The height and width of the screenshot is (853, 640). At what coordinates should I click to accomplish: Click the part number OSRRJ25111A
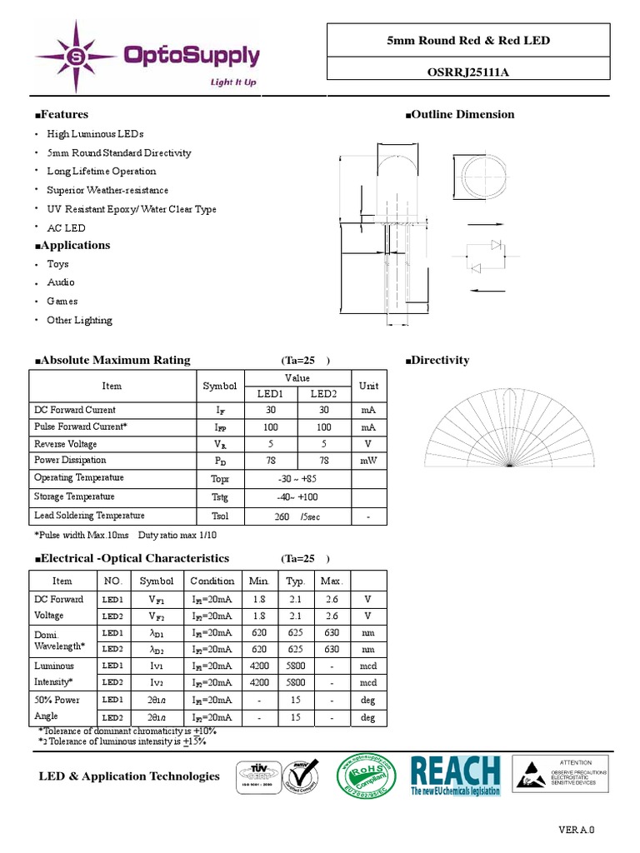[467, 72]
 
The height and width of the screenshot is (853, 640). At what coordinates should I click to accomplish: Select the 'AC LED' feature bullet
[66, 227]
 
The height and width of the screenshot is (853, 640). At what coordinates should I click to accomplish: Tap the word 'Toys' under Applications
[58, 264]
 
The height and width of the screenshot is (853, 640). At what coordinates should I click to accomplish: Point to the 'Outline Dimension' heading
[459, 115]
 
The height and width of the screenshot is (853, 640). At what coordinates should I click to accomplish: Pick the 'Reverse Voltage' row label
[66, 444]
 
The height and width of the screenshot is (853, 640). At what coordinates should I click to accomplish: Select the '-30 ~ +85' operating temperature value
[297, 479]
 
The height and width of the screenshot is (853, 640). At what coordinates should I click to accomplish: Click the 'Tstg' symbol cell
[220, 497]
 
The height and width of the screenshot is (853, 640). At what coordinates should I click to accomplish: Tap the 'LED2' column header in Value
[323, 394]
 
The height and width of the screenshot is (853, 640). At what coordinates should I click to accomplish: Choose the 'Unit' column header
[368, 386]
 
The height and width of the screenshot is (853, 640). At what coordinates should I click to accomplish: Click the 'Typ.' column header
[296, 581]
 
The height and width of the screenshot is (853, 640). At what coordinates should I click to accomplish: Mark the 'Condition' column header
[212, 581]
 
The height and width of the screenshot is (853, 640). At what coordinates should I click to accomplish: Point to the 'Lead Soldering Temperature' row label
[89, 516]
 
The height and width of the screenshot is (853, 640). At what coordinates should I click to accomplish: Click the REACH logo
[456, 776]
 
